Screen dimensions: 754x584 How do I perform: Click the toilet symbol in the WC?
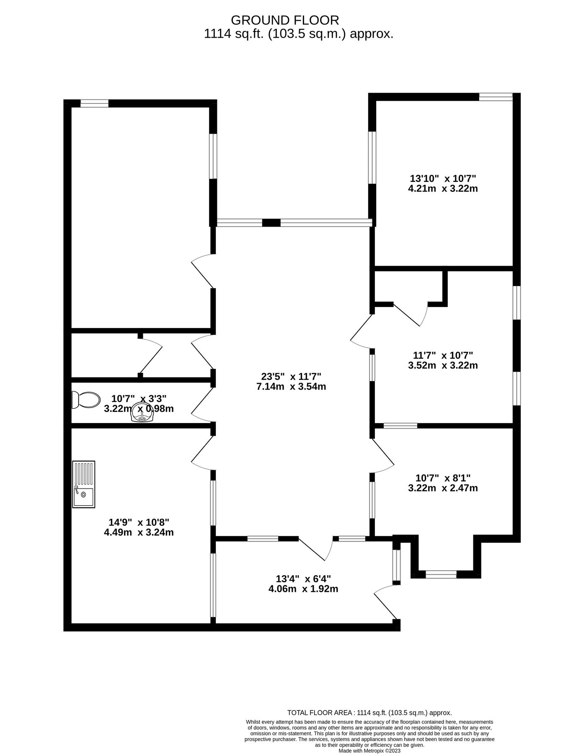(x=85, y=400)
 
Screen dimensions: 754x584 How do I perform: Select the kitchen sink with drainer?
(x=83, y=484)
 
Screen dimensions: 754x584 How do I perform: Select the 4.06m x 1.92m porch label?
(x=303, y=589)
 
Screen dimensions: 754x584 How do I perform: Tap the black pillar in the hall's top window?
(x=271, y=223)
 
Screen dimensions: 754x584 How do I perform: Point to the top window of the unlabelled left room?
(x=94, y=103)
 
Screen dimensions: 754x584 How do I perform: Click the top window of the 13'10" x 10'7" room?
(x=496, y=97)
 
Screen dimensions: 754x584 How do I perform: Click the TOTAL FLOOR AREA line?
(x=369, y=713)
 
